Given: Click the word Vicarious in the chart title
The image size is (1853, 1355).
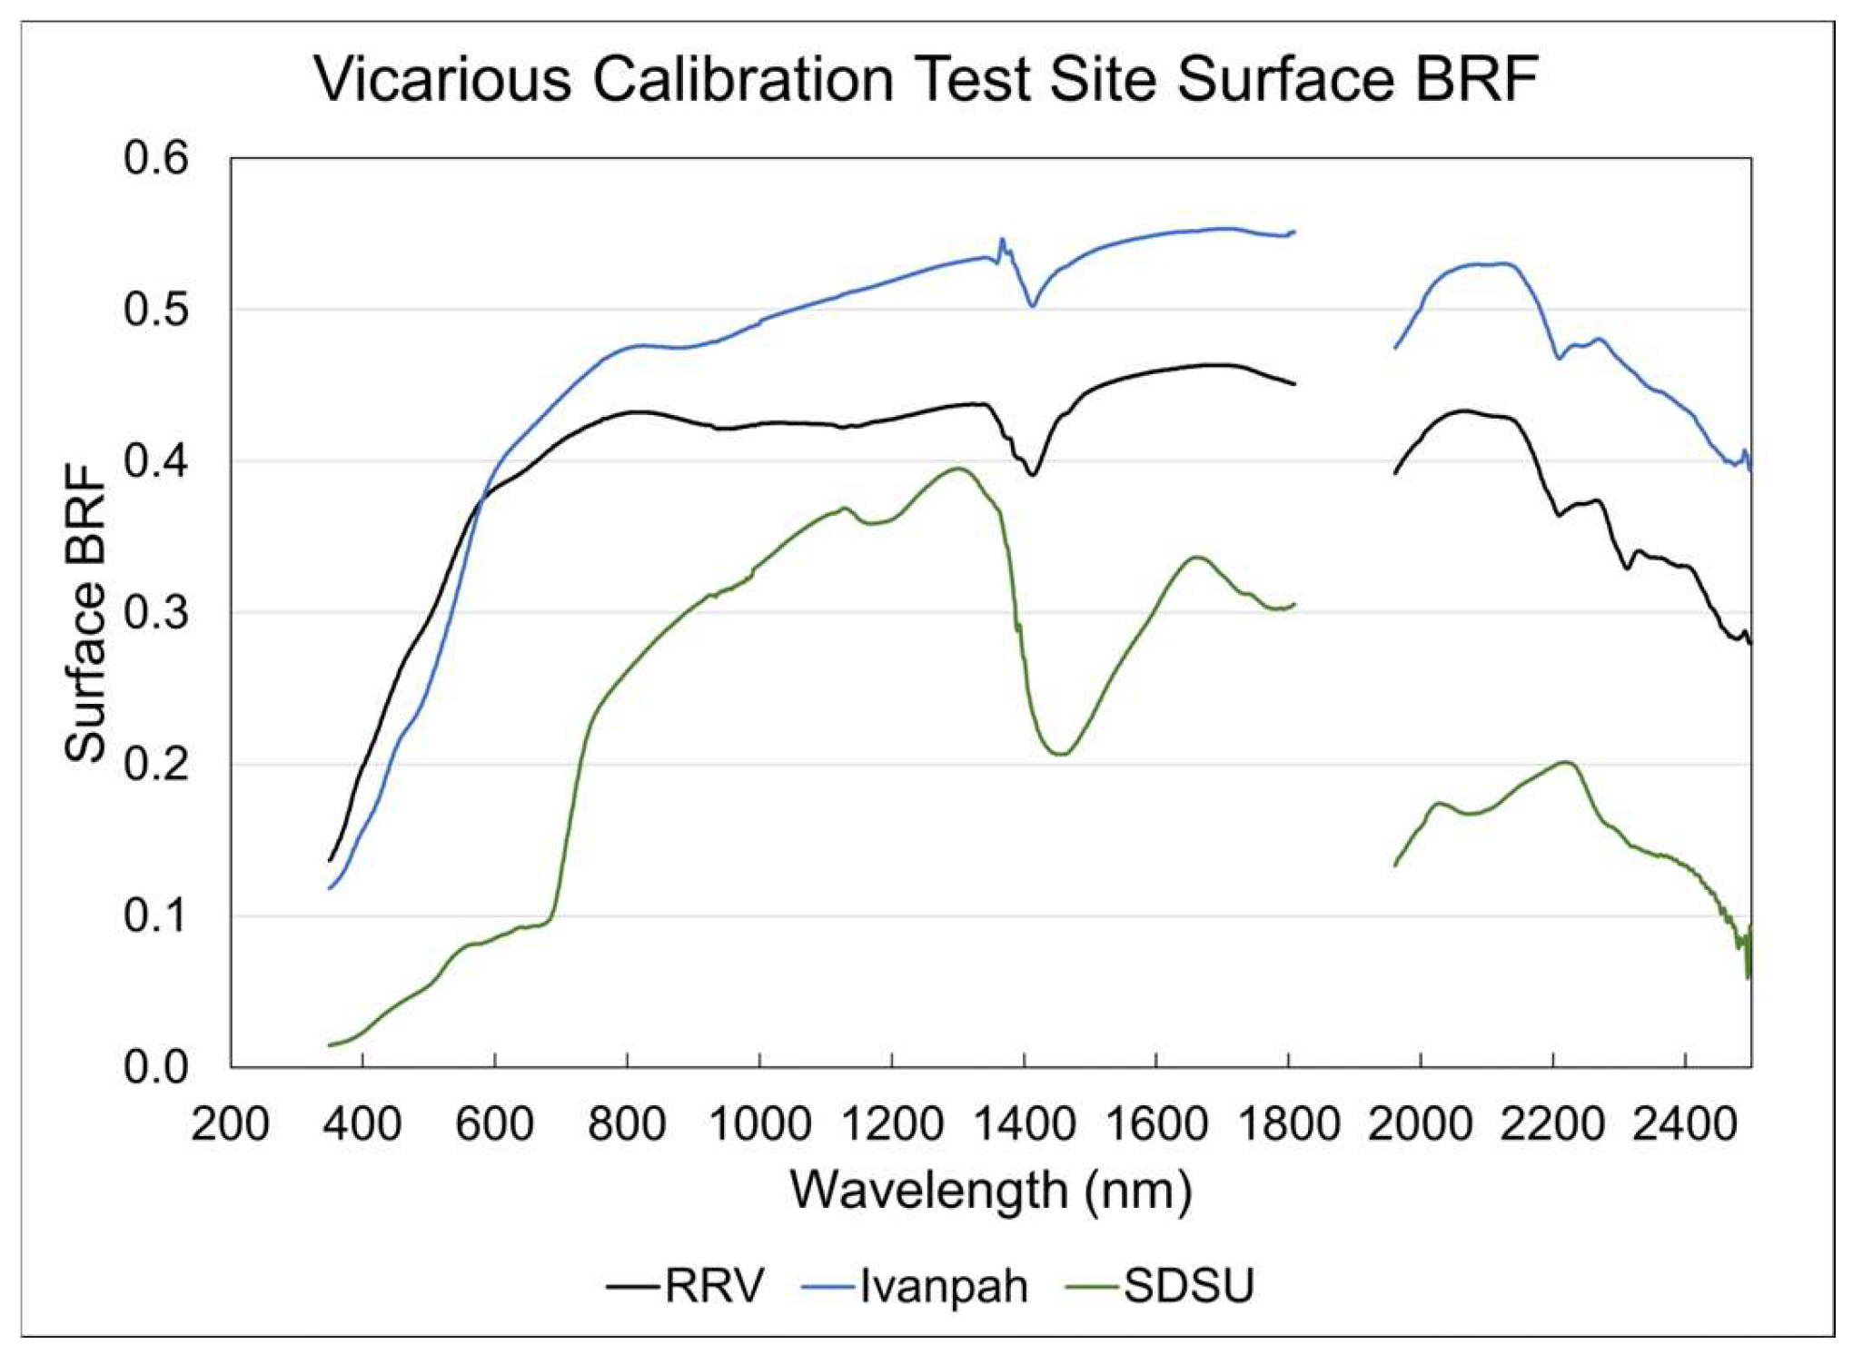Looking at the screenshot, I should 442,80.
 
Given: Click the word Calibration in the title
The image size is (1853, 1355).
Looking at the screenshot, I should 744,80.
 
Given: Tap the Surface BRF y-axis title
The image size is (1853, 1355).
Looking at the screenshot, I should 86,613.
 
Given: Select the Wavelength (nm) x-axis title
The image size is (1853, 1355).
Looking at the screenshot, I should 990,1190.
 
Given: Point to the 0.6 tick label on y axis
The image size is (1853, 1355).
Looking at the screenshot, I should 156,158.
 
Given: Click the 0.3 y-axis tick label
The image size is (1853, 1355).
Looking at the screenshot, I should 156,613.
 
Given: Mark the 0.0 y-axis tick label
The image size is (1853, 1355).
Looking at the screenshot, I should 156,1067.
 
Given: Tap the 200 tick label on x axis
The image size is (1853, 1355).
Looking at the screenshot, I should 230,1123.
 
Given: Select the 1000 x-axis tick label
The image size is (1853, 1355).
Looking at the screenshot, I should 759,1123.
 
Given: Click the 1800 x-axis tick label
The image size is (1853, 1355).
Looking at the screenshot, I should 1288,1123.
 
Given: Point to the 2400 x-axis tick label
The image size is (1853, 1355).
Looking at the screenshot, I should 1685,1123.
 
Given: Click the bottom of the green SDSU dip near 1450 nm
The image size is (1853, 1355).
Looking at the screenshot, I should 1060,754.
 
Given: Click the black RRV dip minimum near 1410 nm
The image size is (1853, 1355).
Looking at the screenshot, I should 1033,474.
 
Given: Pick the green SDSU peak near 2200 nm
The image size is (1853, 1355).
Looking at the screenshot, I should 1566,763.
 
